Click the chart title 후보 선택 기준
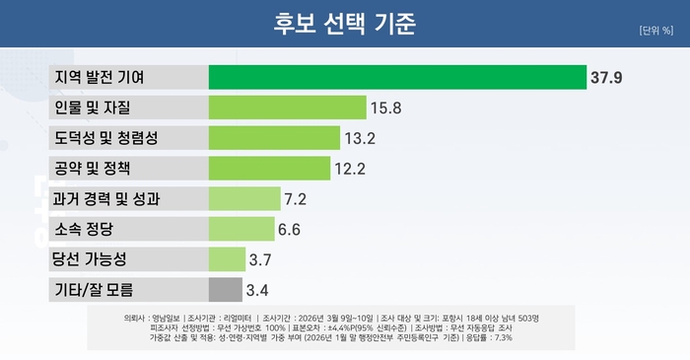pyautogui.click(x=345, y=22)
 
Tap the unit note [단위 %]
pyautogui.click(x=655, y=30)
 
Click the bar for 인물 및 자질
pyautogui.click(x=274, y=107)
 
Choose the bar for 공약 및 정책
pyautogui.click(x=269, y=168)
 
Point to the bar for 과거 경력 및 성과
pyautogui.click(x=244, y=198)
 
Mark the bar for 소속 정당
pyautogui.click(x=241, y=229)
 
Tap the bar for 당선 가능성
pyautogui.click(x=227, y=259)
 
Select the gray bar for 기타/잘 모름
pyautogui.click(x=225, y=290)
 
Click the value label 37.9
pyautogui.click(x=607, y=77)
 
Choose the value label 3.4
pyautogui.click(x=258, y=290)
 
